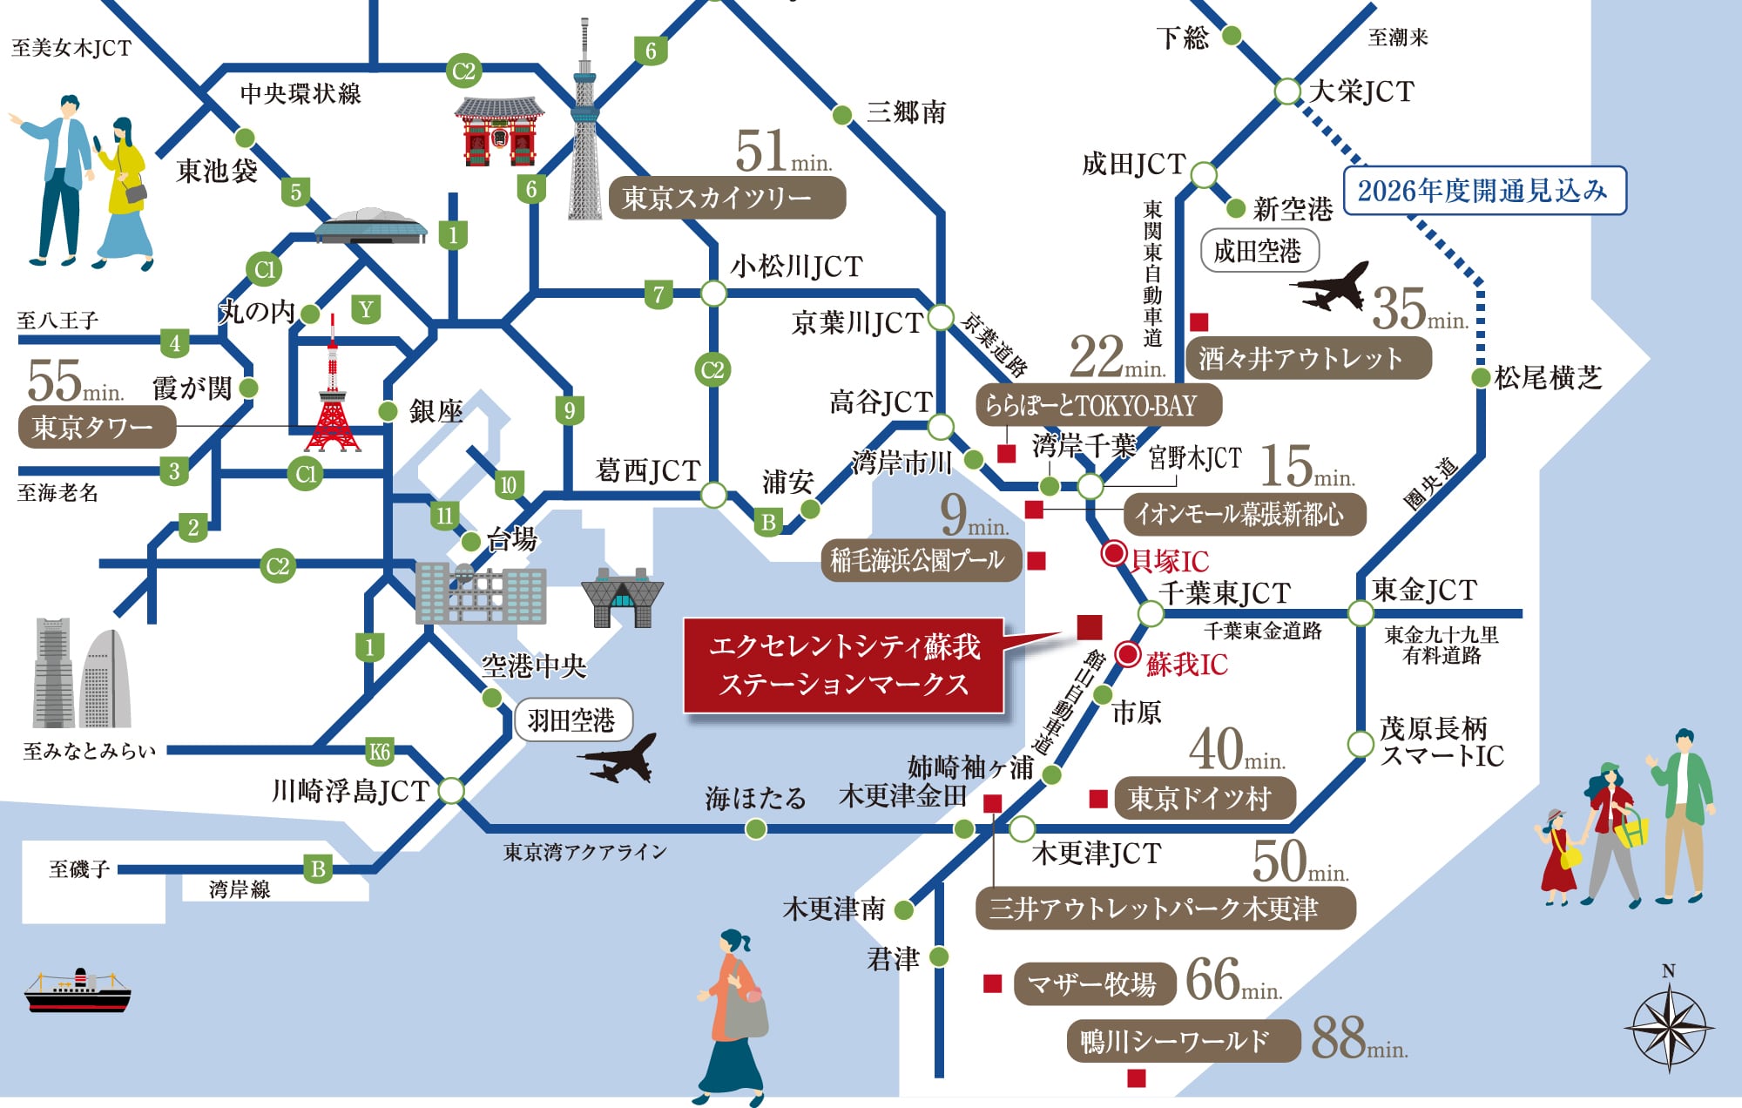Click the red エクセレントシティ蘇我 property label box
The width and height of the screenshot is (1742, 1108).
[x=843, y=665]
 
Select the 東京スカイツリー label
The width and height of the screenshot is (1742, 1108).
[x=726, y=198]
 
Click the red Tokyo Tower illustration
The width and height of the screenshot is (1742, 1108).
[x=332, y=392]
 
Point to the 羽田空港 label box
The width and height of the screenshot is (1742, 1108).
[x=572, y=720]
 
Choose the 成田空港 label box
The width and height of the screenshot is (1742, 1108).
[x=1258, y=251]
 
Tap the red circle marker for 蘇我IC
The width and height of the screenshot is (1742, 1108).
[x=1128, y=655]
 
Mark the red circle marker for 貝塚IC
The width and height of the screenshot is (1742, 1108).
[x=1114, y=553]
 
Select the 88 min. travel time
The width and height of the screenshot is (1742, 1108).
[x=1357, y=1038]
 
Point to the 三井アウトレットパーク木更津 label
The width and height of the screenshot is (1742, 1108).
[x=1165, y=909]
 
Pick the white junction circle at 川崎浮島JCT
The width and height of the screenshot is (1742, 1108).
[x=451, y=790]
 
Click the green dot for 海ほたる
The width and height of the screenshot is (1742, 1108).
[x=756, y=828]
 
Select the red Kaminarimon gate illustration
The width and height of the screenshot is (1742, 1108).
[x=499, y=132]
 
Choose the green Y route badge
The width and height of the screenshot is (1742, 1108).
[x=366, y=309]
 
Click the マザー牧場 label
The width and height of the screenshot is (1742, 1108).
[x=1093, y=983]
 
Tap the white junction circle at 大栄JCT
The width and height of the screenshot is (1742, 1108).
[x=1287, y=91]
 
